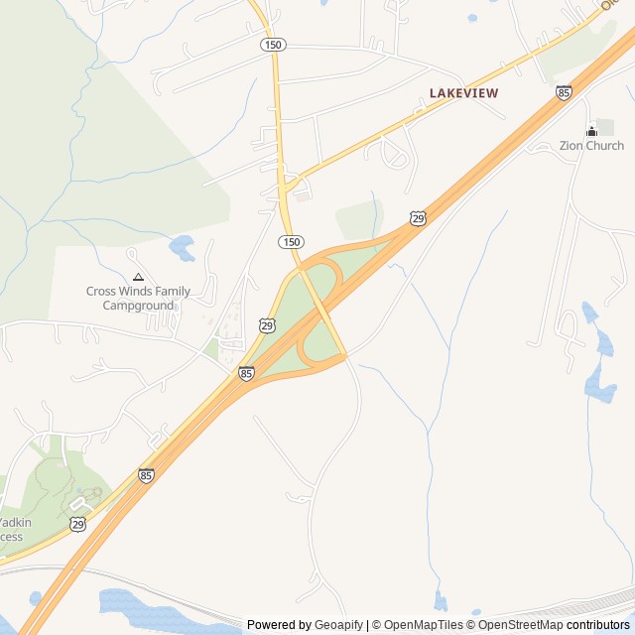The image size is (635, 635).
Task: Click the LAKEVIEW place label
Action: tap(463, 92)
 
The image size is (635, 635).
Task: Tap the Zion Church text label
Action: tap(591, 146)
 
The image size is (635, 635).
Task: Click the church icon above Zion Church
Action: tap(592, 130)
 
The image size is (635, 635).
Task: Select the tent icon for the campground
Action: tap(138, 277)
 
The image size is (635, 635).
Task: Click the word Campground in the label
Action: tap(138, 306)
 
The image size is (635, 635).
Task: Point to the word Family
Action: tap(170, 292)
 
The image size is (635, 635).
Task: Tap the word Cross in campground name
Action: tap(101, 292)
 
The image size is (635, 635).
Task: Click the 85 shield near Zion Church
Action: tap(564, 92)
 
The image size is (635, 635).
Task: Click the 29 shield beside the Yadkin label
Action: tap(77, 523)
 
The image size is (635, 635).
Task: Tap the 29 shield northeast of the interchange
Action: tap(418, 218)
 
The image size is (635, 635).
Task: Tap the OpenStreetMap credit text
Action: tap(520, 625)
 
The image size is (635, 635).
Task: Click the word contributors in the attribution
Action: tap(598, 625)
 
